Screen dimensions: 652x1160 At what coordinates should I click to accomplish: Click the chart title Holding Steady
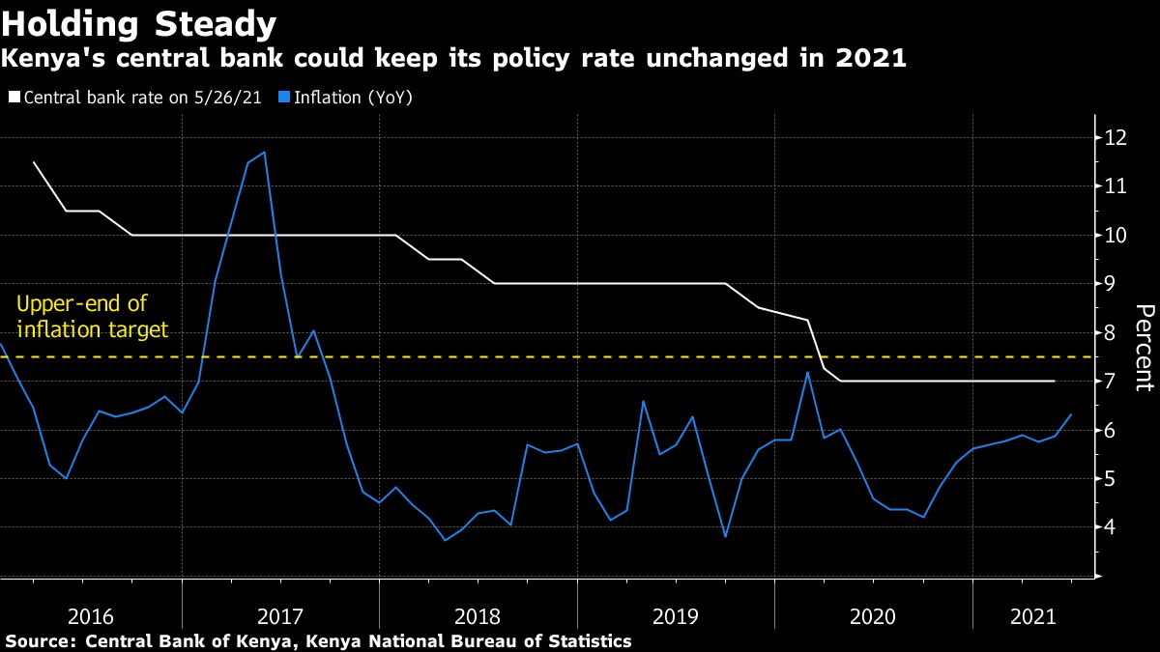pyautogui.click(x=140, y=23)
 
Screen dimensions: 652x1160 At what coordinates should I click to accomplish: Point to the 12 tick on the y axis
pyautogui.click(x=1115, y=137)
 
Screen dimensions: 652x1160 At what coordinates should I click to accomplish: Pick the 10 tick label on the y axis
pyautogui.click(x=1115, y=235)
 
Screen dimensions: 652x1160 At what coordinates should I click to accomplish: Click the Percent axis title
pyautogui.click(x=1144, y=347)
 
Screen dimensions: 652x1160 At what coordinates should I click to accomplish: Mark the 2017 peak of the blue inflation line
pyautogui.click(x=264, y=153)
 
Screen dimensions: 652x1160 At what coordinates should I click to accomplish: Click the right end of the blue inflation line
pyautogui.click(x=1070, y=415)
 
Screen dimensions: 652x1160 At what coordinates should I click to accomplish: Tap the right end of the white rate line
pyautogui.click(x=1054, y=381)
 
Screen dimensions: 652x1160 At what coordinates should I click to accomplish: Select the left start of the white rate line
pyautogui.click(x=35, y=162)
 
